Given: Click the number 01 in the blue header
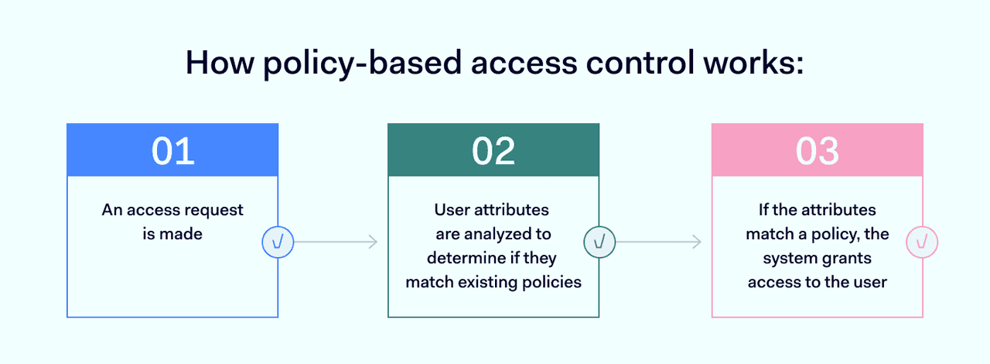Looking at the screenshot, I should [172, 150].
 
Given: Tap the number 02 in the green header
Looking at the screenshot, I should [493, 150].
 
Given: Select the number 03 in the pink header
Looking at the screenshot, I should [817, 150].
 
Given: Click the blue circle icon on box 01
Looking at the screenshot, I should [278, 242].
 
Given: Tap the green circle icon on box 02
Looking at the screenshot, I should [599, 242].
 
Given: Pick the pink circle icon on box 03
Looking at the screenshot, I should [923, 242].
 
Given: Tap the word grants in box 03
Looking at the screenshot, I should [847, 258].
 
